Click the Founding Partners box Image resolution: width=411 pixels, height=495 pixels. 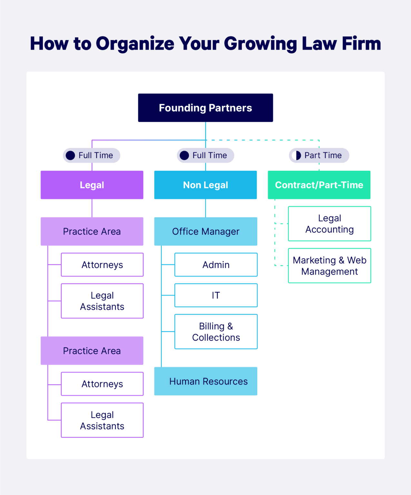coord(205,108)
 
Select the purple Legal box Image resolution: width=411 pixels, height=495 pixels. coord(92,185)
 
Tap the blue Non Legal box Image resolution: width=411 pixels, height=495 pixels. coord(205,185)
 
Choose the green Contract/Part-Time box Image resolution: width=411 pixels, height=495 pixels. coord(319,185)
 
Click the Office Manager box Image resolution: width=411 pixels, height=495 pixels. coord(205,231)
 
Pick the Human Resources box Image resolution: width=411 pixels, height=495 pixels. coord(205,381)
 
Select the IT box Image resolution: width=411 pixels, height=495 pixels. coord(216,295)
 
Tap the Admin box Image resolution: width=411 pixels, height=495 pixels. coord(216,265)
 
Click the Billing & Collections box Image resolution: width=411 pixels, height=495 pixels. coord(216,332)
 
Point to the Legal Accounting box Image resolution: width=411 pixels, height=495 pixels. coord(329,224)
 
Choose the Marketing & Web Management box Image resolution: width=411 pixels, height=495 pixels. coord(329,266)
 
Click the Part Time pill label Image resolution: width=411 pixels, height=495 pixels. coord(323,155)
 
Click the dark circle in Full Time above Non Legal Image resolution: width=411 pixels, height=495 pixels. coord(184,155)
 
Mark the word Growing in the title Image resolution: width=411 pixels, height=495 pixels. coord(260,44)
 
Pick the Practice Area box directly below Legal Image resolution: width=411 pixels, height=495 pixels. coord(92,231)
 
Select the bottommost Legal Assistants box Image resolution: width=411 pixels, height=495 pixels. coord(102,420)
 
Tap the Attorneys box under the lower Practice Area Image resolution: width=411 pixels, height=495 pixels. coord(102,384)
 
